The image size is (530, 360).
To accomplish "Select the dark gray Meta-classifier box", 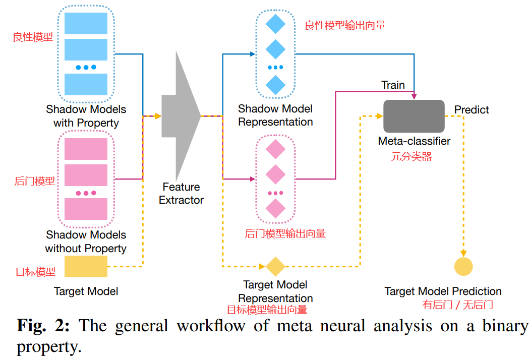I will pos(414,116).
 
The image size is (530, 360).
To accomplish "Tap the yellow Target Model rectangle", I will pos(86,266).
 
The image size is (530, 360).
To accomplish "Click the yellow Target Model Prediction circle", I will pos(463,266).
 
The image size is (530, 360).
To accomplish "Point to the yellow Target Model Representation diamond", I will pos(275,266).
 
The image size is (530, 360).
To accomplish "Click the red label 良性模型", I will pos(33,37).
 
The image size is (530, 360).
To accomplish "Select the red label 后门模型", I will pos(35,181).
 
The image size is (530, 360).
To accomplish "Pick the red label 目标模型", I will pos(35,272).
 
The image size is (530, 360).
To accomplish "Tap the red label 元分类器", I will pos(411,157).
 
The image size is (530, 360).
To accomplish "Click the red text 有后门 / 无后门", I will pos(457,305).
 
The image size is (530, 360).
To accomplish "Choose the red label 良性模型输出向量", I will pos(345,25).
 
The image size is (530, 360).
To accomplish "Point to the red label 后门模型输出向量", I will pos(285,233).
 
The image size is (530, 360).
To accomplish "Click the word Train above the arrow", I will pos(393,85).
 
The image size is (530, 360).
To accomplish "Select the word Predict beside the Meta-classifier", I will pos(472,109).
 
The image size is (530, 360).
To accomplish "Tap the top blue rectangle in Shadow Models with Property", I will pos(86,23).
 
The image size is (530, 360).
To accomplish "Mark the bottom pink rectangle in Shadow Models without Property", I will pos(86,209).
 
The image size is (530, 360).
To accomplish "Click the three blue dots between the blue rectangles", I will pos(86,67).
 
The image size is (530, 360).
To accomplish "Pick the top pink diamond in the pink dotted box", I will pos(275,149).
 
